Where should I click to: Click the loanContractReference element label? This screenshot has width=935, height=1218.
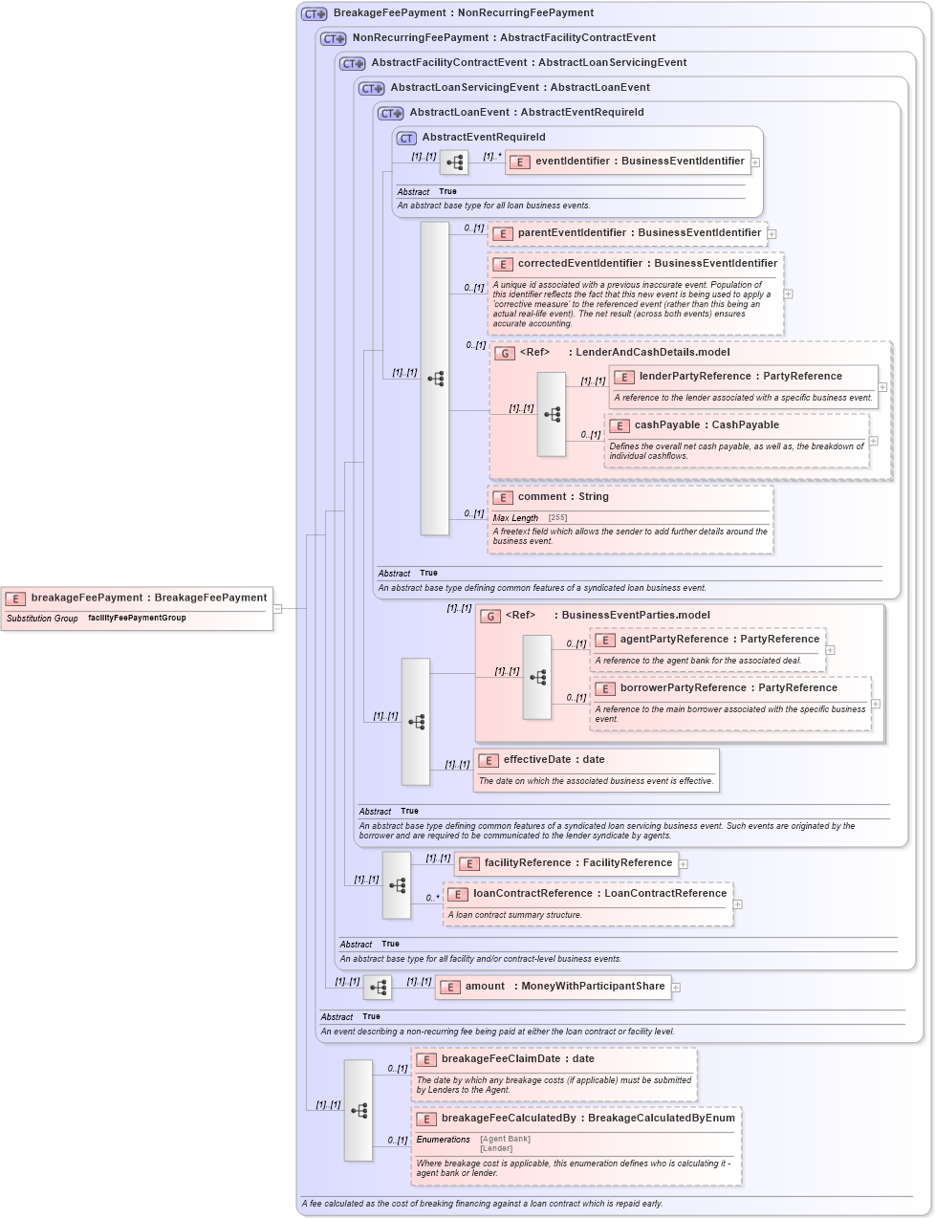click(599, 894)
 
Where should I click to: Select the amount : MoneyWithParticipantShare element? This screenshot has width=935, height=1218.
click(564, 987)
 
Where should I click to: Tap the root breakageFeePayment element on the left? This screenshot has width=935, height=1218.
click(148, 598)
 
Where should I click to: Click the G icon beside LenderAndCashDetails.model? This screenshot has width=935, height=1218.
click(504, 354)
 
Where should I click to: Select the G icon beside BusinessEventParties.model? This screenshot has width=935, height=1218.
click(490, 617)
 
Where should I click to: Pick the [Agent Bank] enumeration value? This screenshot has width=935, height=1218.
click(505, 1139)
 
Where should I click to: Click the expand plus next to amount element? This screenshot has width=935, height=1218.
click(676, 988)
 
